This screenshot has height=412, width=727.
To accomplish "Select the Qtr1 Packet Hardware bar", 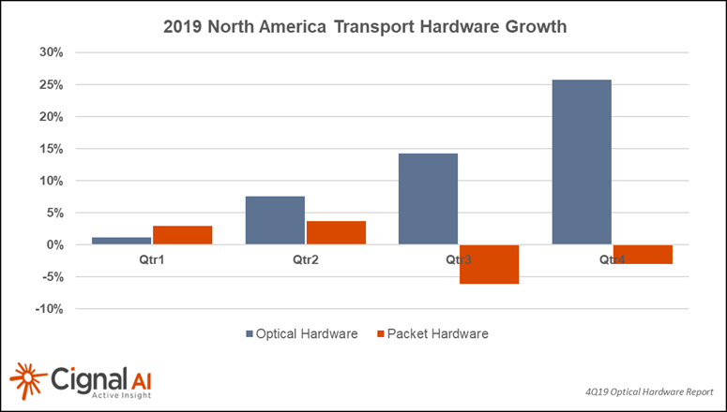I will pos(182,235).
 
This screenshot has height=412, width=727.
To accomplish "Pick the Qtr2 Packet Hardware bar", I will pos(335,232).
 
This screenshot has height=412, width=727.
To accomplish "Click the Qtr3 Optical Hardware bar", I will pos(428,199).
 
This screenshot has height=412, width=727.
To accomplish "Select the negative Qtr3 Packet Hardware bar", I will pos(489,264).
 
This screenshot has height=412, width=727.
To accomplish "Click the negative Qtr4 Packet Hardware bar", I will pos(643,255).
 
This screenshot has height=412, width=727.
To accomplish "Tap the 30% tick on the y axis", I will pos(50,52).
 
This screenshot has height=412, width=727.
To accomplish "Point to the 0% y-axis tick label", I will pos(53,244).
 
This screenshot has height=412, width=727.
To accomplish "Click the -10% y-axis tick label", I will pos(48,309).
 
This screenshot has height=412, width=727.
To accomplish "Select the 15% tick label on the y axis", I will pos(50,149).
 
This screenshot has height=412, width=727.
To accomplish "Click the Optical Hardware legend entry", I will pos(301,332).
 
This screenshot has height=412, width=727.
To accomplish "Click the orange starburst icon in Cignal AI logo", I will pos(28,378).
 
